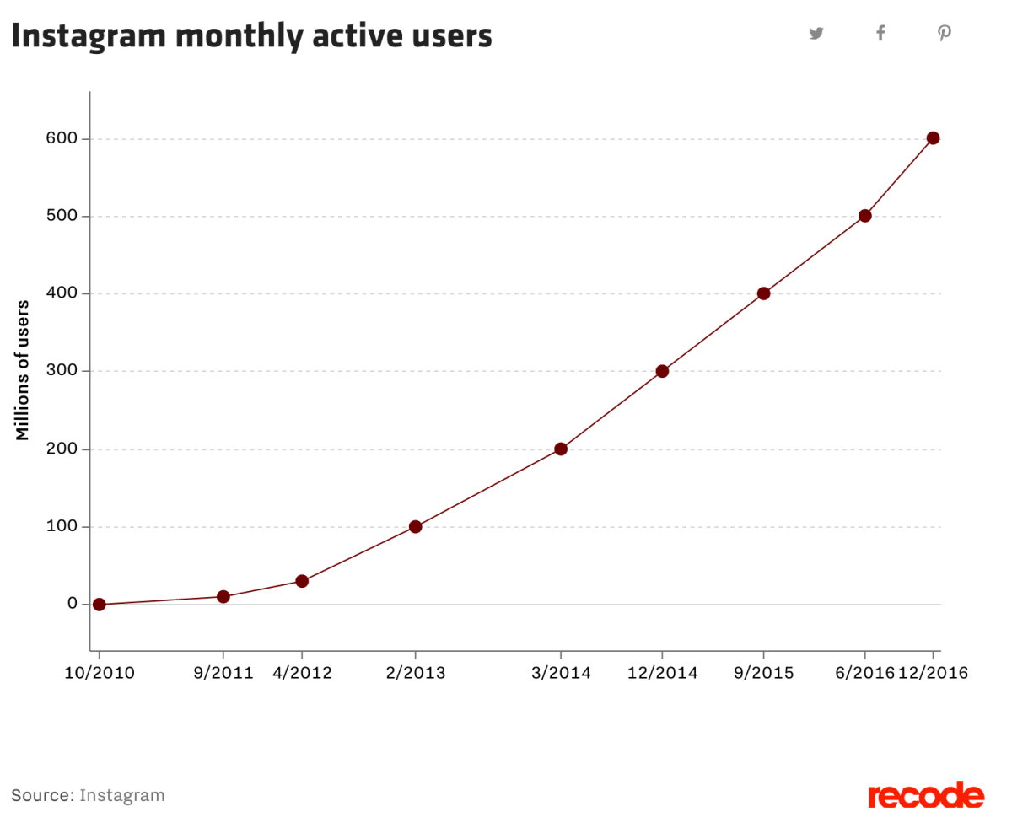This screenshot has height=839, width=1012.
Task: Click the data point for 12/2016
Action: tap(933, 138)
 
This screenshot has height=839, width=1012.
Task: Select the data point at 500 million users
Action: tap(864, 216)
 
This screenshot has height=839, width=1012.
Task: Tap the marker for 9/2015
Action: tap(763, 293)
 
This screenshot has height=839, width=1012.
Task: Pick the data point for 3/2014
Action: tap(560, 449)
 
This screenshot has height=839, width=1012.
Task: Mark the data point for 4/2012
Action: tap(302, 581)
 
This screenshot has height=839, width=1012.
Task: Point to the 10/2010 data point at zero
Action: tap(99, 604)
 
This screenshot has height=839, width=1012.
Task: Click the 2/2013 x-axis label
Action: tap(415, 673)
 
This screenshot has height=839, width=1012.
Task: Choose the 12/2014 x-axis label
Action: tap(662, 673)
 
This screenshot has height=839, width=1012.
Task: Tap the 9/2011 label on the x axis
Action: tap(223, 673)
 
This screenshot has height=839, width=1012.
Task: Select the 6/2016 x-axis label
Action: tap(863, 673)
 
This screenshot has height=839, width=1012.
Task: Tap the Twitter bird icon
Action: tap(816, 34)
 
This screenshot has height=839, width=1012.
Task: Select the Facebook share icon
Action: tap(880, 34)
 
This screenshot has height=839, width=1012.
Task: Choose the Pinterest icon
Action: tap(945, 34)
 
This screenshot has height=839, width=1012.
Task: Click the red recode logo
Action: tap(926, 795)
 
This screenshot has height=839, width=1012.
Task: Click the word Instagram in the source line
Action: tap(122, 795)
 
